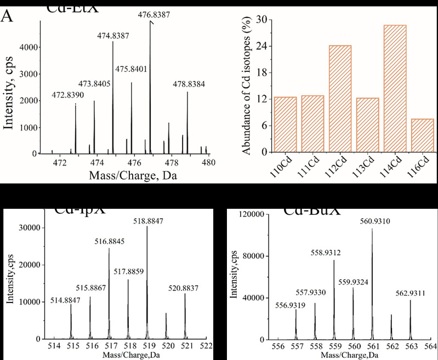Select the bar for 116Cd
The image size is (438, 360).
pyautogui.click(x=407, y=135)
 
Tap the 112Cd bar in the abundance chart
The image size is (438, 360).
pyautogui.click(x=340, y=99)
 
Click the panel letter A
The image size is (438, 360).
pyautogui.click(x=7, y=17)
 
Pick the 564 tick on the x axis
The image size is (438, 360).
pyautogui.click(x=429, y=346)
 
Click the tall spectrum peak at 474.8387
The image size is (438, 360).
pyautogui.click(x=113, y=99)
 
